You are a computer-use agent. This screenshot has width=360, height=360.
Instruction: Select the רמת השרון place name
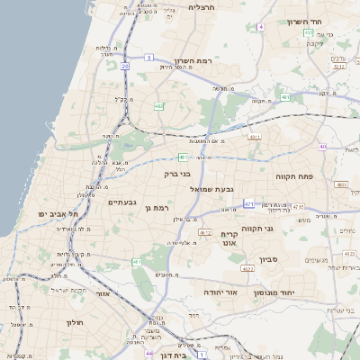point(217,60)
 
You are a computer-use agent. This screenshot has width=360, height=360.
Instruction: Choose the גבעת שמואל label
point(211,190)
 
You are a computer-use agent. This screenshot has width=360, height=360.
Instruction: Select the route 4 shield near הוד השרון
point(261,27)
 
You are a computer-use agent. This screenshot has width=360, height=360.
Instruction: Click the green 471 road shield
point(248,204)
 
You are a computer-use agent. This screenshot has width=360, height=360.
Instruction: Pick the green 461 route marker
point(137,262)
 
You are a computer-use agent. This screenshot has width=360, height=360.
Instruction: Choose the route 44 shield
point(148,353)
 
